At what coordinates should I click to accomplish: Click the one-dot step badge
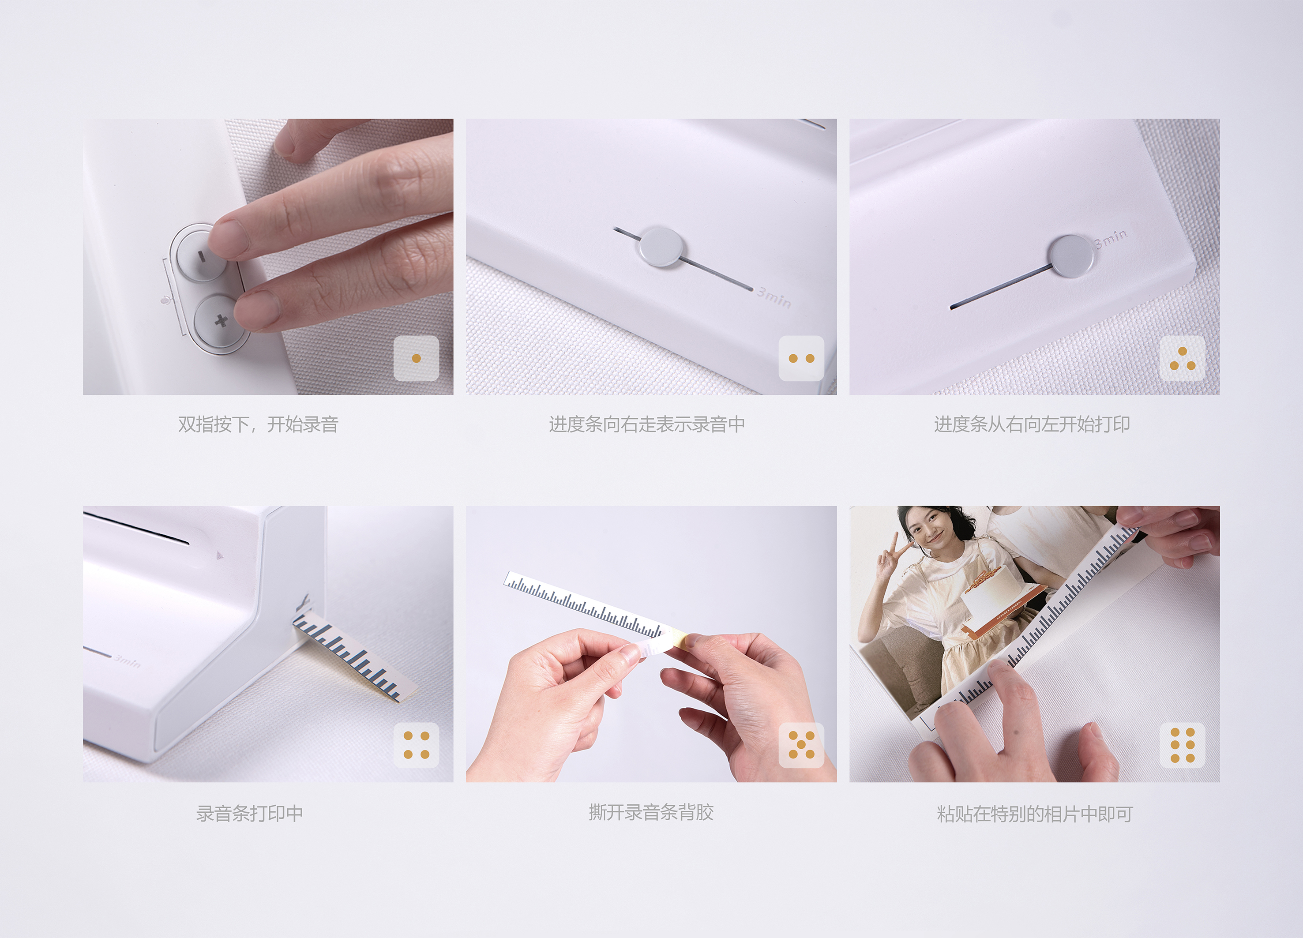tap(416, 358)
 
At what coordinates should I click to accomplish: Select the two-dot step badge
tap(801, 358)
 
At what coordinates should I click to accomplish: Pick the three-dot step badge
tap(1182, 358)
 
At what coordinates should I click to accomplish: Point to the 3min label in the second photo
tap(774, 297)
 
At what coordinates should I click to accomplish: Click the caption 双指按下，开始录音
tap(258, 424)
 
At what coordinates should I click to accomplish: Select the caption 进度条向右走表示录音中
tap(647, 424)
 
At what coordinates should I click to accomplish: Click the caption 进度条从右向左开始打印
tap(1032, 424)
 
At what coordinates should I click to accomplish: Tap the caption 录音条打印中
tap(249, 813)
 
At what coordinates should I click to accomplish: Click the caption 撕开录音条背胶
tap(651, 812)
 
